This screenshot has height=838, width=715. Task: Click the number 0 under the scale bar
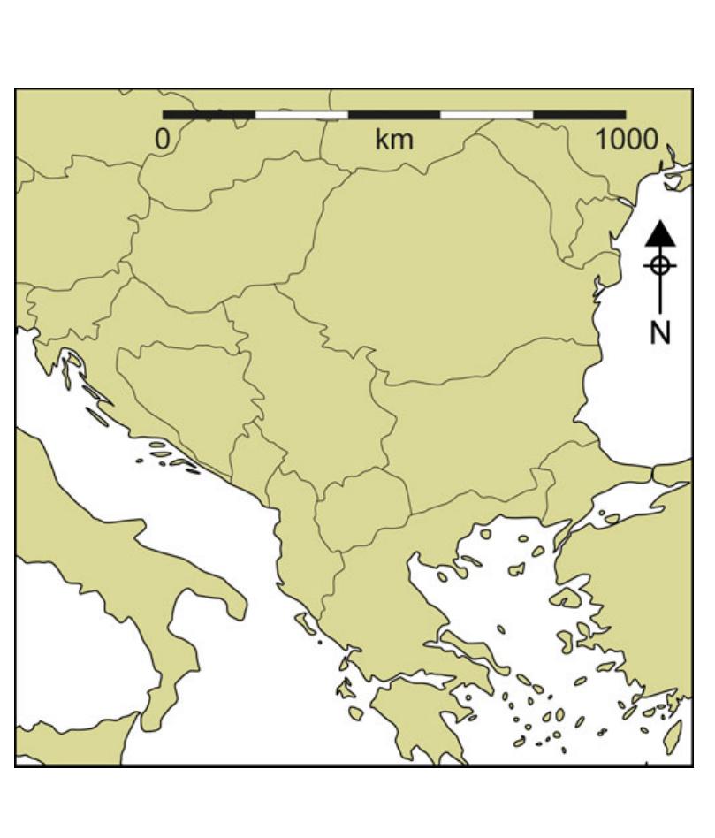(x=163, y=139)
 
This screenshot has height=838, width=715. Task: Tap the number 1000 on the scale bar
(x=626, y=139)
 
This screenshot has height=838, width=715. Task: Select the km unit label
(x=394, y=139)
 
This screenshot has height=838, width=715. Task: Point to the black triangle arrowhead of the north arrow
(x=660, y=234)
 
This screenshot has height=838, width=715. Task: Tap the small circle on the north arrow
(x=660, y=265)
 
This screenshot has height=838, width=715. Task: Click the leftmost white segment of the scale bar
(x=301, y=115)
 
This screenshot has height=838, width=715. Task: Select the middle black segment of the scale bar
(x=394, y=115)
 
